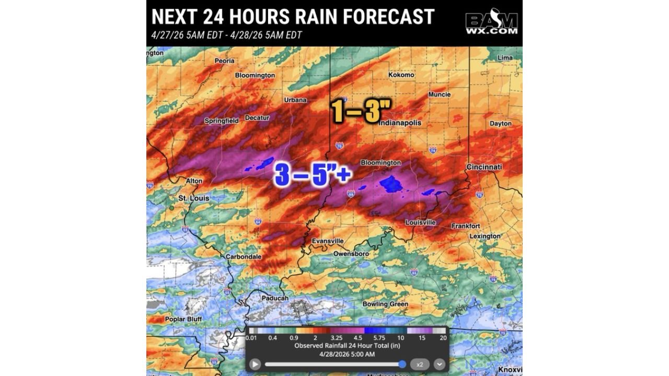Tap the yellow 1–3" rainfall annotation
361,111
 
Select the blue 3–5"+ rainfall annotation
313,175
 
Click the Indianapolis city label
400,123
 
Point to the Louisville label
421,222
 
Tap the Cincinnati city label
484,167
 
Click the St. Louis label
194,198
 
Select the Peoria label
224,61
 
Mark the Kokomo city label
401,75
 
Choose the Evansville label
328,241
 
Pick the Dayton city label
501,124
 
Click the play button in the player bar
255,364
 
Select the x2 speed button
420,364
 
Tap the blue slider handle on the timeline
402,364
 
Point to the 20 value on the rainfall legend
443,338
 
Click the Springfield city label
222,121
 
